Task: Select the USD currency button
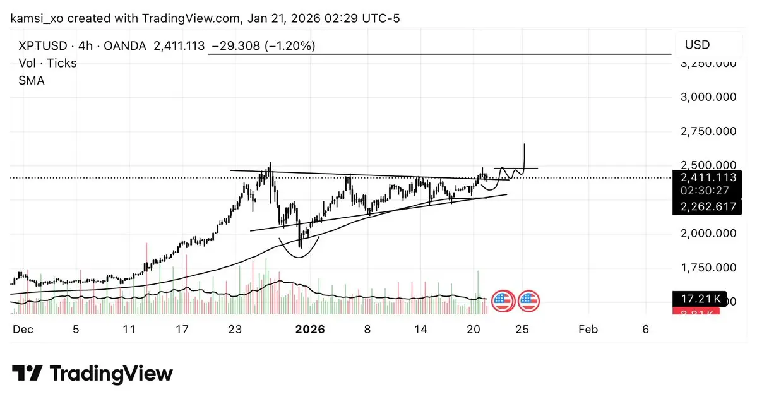697,45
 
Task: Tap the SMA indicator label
32,80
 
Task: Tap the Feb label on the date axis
588,329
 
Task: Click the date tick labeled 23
235,329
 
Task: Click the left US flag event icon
502,301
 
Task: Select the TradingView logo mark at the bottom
28,373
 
